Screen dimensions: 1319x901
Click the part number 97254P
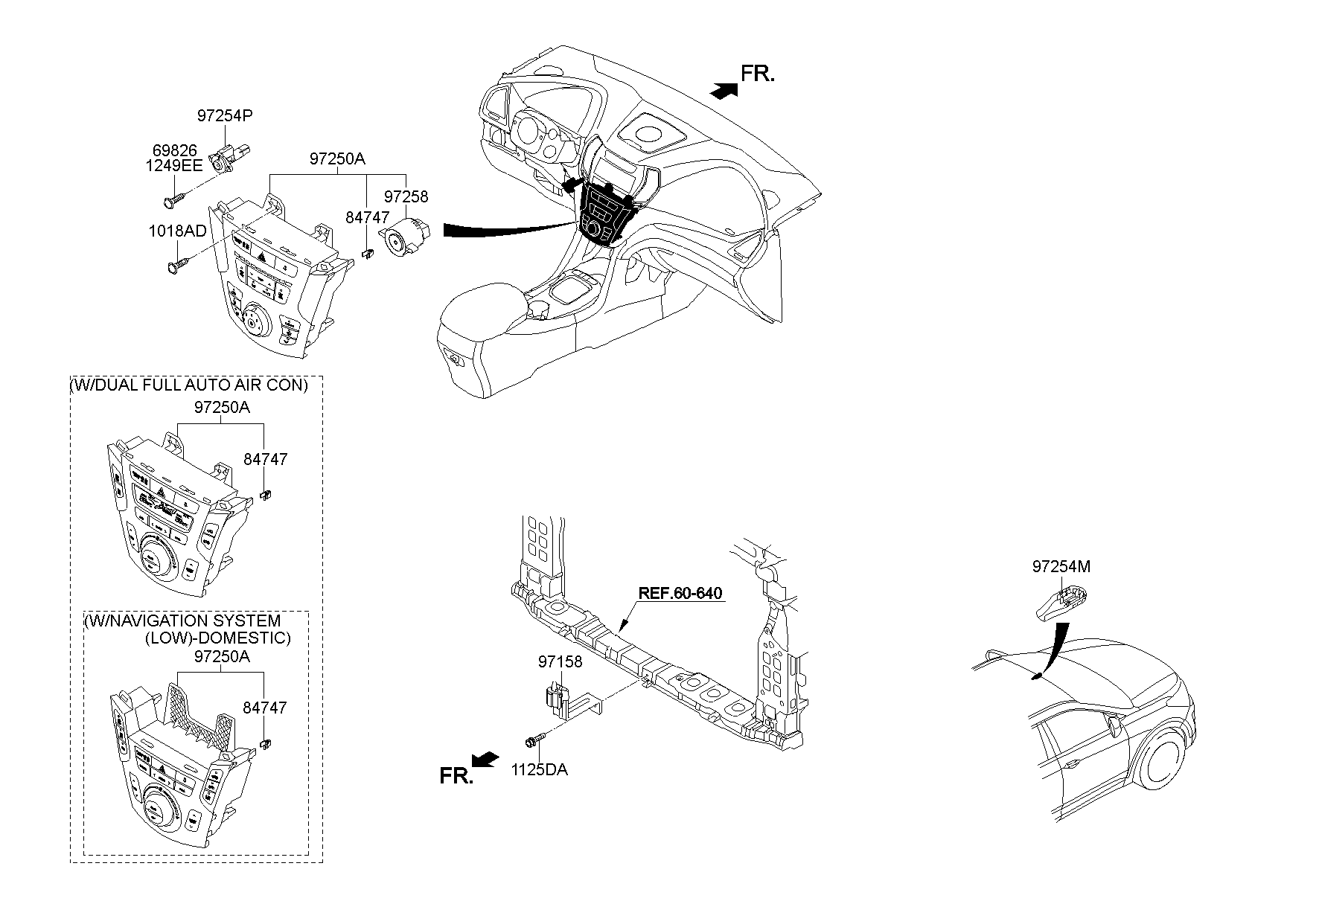[225, 115]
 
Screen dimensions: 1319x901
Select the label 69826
[176, 151]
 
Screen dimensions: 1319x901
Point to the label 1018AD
[177, 231]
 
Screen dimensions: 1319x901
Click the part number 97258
[406, 196]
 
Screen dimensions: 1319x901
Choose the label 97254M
[1061, 566]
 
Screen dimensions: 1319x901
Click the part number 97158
[560, 661]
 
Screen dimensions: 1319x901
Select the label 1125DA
[539, 769]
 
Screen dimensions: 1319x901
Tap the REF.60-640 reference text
[680, 593]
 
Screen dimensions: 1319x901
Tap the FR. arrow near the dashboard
[724, 90]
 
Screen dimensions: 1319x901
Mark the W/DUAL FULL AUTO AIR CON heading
[188, 385]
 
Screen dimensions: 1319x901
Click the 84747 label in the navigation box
[266, 708]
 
